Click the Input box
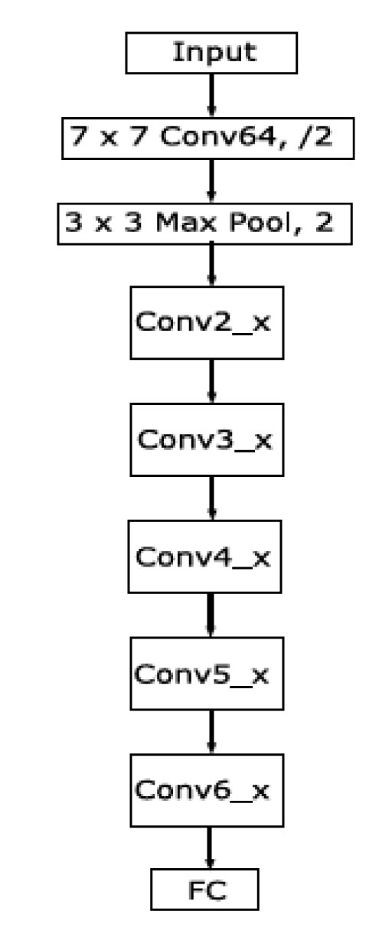(x=211, y=53)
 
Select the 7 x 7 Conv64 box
(x=208, y=139)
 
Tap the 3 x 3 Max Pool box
(x=204, y=224)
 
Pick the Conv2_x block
(x=207, y=323)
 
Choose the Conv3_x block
(x=207, y=439)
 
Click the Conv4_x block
(x=204, y=557)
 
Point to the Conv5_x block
(x=207, y=674)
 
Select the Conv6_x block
(x=207, y=790)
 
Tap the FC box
(x=204, y=890)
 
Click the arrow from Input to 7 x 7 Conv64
(x=211, y=96)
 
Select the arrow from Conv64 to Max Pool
(x=211, y=181)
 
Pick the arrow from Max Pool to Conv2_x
(x=211, y=266)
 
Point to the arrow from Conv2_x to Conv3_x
(x=211, y=381)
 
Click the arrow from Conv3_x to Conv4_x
(x=211, y=498)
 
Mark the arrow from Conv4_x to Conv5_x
(x=211, y=615)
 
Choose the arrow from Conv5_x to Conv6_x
(x=211, y=732)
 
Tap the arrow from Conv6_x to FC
(x=209, y=847)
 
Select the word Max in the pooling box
(x=186, y=222)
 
